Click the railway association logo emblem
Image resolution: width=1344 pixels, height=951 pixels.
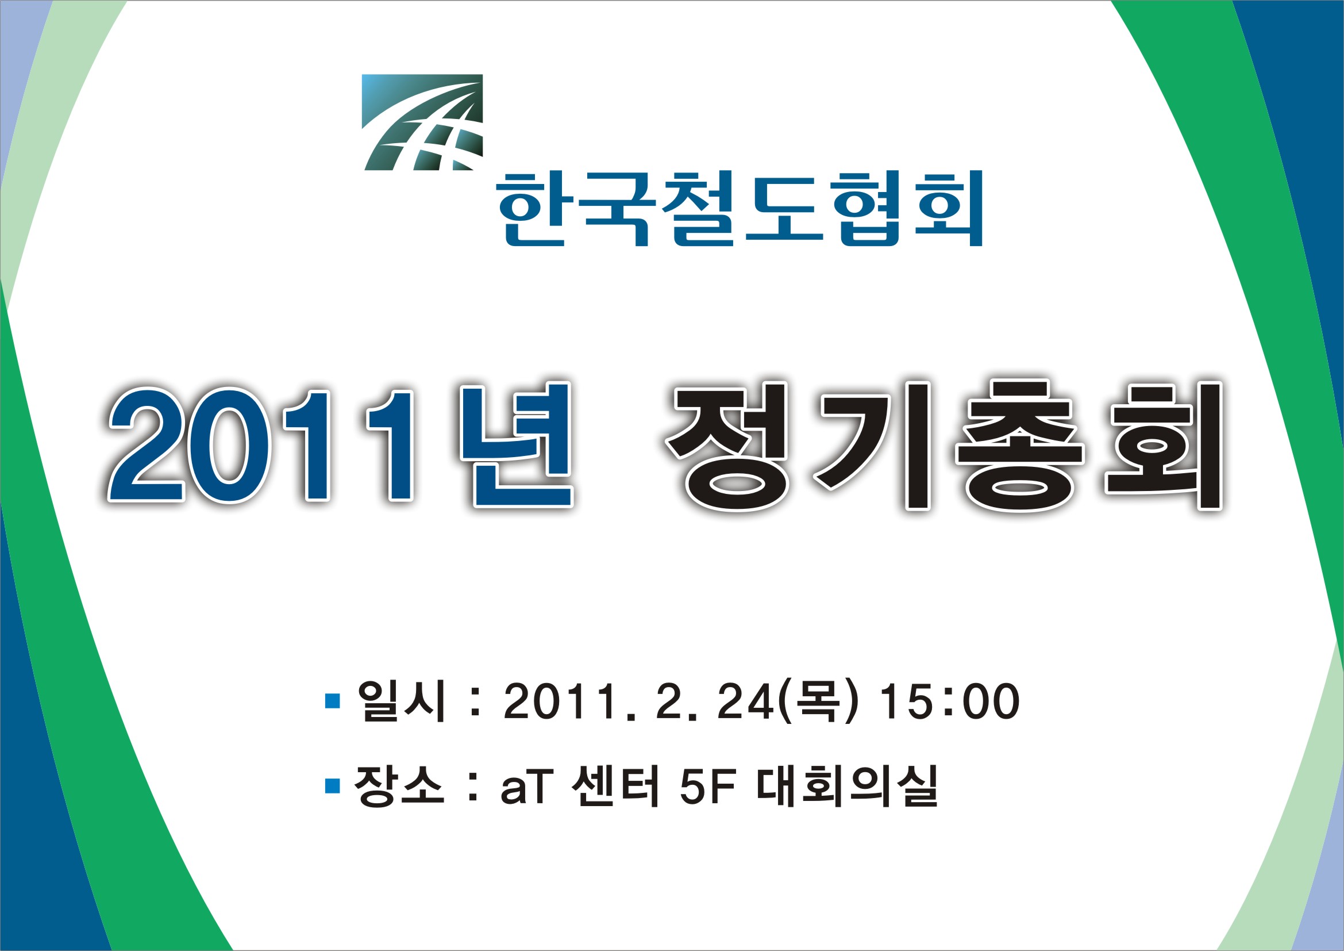coord(423,122)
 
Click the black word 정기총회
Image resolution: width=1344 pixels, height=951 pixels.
coord(944,446)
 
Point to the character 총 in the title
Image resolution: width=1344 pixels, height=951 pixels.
coord(1019,446)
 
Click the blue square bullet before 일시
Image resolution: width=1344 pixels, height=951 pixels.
coord(333,701)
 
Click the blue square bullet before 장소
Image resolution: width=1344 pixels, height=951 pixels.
coord(333,786)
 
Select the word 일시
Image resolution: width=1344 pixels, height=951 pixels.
coord(402,701)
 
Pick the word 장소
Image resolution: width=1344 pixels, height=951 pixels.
coord(399,786)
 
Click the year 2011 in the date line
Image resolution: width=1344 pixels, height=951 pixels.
coord(559,701)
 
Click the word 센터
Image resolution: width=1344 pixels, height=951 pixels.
coord(615,786)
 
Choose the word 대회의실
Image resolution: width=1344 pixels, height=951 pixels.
coord(847,786)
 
